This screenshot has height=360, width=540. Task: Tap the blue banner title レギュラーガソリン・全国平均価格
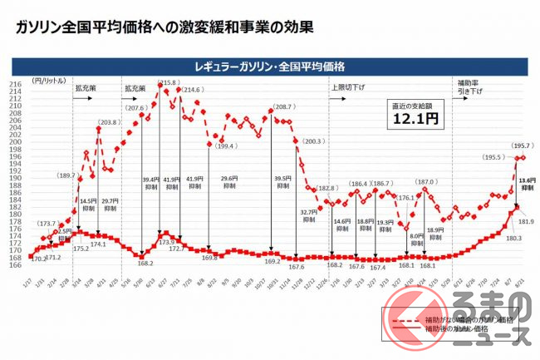(269, 65)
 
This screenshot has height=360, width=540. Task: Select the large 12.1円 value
(415, 120)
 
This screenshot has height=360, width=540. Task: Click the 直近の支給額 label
(415, 106)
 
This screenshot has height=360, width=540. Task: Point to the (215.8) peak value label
(167, 83)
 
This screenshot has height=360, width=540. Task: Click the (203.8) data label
(107, 123)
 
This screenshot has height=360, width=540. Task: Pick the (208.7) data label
(282, 108)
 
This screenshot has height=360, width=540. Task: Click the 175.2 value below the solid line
(81, 248)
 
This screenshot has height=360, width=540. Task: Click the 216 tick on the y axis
(15, 85)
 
